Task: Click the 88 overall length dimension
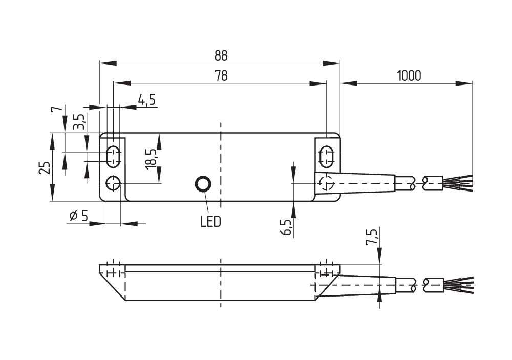221,55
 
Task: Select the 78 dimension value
221,75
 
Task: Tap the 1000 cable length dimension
408,75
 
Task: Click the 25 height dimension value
45,167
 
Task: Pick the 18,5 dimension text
150,159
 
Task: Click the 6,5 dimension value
286,227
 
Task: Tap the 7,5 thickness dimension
372,238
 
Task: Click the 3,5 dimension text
78,123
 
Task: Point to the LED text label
210,222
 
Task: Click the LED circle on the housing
204,184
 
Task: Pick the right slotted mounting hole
326,156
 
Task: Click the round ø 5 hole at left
113,183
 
